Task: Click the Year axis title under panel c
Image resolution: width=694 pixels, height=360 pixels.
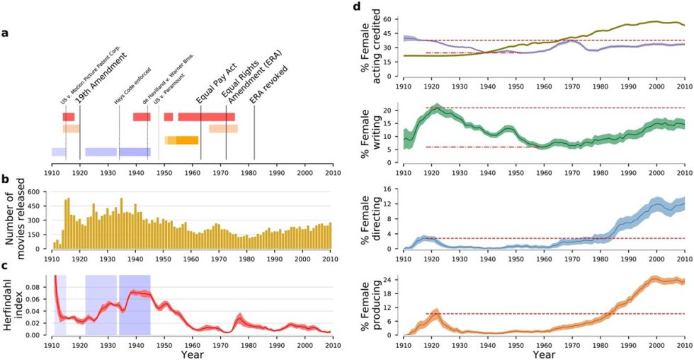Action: pyautogui.click(x=193, y=353)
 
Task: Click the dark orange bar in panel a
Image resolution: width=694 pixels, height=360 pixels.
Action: pyautogui.click(x=187, y=140)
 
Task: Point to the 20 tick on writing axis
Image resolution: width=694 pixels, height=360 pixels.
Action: pyautogui.click(x=392, y=111)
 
